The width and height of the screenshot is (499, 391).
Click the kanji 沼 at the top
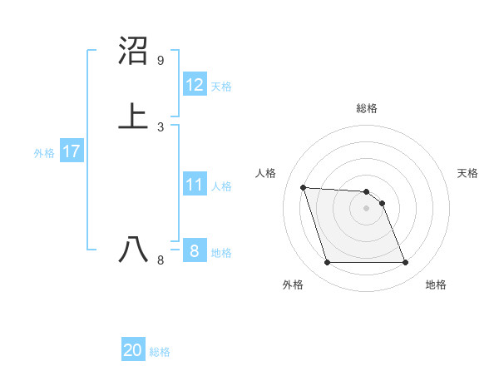(133, 52)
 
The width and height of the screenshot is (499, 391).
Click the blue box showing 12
(195, 85)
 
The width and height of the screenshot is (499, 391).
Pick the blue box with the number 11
(195, 185)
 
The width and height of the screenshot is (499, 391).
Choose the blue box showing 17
(71, 151)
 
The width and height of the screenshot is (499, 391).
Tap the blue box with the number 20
(133, 350)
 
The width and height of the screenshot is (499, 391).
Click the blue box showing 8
(195, 251)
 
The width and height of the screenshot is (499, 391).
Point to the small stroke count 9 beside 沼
(161, 61)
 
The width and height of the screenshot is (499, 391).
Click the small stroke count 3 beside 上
(161, 127)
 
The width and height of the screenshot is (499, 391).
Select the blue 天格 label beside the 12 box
(221, 87)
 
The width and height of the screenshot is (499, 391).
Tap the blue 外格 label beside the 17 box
(44, 153)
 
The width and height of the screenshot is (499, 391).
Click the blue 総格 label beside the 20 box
(160, 352)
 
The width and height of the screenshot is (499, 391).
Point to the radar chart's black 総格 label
(367, 108)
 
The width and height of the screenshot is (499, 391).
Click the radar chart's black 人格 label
(266, 173)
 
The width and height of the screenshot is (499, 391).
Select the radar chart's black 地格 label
(436, 285)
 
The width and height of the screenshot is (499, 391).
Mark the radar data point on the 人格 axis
(304, 188)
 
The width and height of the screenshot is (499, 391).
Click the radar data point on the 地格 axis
(405, 263)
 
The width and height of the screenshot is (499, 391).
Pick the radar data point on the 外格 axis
(327, 263)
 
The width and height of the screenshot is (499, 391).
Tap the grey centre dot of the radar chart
(366, 208)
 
